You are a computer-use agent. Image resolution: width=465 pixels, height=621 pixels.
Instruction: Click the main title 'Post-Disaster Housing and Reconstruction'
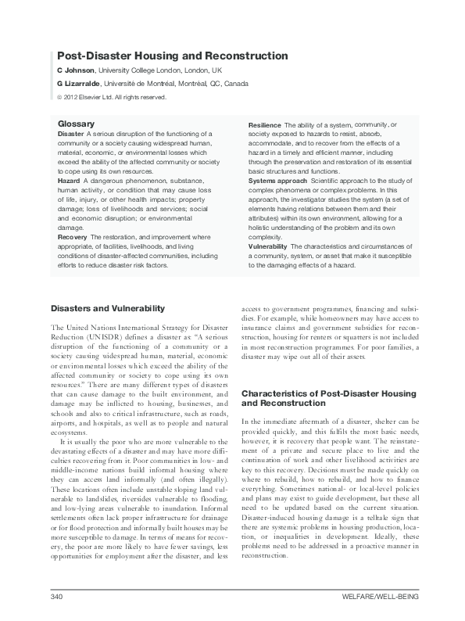(x=173, y=56)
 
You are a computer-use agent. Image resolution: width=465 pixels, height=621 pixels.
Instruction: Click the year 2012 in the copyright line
(x=74, y=97)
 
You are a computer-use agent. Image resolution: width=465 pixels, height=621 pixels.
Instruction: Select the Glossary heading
(x=76, y=124)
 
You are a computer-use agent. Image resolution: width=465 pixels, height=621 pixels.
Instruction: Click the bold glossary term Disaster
(x=71, y=134)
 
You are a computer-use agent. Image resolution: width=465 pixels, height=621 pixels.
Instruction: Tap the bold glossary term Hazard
(x=69, y=180)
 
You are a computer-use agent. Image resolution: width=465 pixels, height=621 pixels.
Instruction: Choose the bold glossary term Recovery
(x=72, y=235)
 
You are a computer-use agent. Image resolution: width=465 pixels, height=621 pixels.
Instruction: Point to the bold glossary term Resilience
(x=264, y=125)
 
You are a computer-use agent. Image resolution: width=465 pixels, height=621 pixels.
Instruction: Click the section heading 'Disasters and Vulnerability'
(x=107, y=309)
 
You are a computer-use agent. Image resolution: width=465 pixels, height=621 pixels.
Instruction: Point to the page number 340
(x=55, y=597)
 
